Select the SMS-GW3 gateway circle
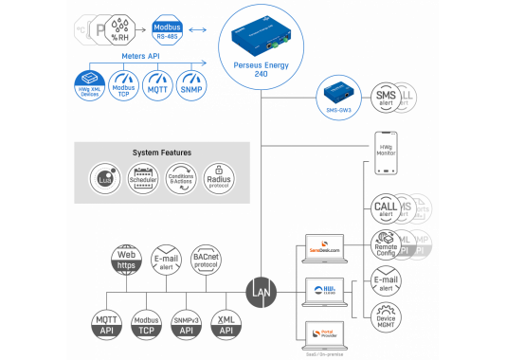(338, 95)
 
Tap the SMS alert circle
(385, 97)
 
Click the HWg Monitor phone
(385, 152)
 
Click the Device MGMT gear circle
(385, 319)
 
